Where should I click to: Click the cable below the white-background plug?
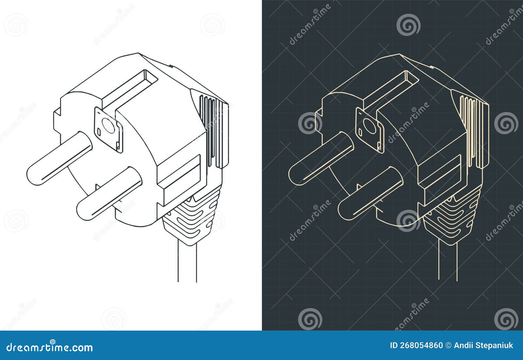click(x=187, y=261)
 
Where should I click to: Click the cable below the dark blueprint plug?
click(x=448, y=261)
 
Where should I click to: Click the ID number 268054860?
click(x=421, y=346)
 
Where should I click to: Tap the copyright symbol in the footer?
click(x=448, y=346)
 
